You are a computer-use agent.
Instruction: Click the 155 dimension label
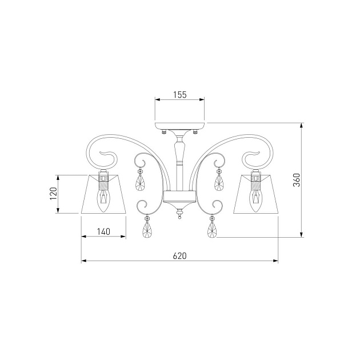coord(180,95)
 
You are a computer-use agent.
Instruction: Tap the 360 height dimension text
coord(297,180)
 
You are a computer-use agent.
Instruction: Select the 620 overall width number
coord(180,256)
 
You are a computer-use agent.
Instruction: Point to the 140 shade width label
coord(103,231)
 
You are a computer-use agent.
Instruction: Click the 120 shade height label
coord(54,194)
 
